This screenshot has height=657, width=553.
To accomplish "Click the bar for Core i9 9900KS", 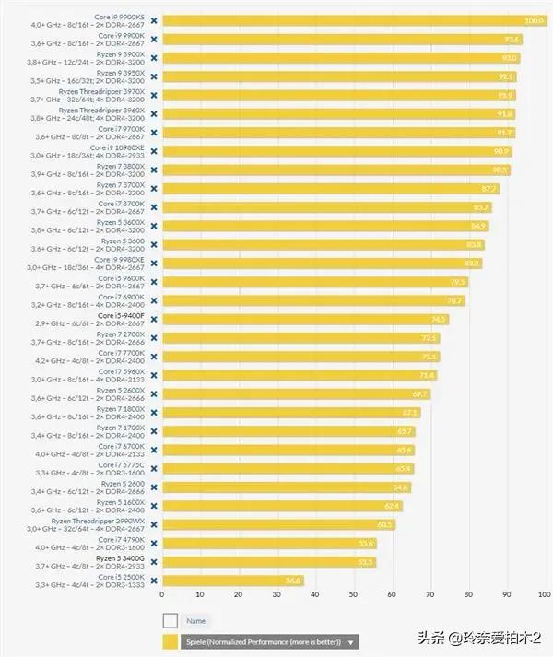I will [x=355, y=20].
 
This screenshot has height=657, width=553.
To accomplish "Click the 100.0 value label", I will [x=534, y=20].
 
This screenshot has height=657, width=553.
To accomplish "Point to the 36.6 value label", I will [x=293, y=581].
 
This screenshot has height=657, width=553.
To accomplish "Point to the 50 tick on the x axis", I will [x=354, y=595].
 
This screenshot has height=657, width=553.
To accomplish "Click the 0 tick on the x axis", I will [x=162, y=595].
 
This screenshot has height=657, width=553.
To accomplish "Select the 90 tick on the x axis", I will [x=507, y=595].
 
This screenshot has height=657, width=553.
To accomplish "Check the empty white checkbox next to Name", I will [x=170, y=621].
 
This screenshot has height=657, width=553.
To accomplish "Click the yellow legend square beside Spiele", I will [x=170, y=642].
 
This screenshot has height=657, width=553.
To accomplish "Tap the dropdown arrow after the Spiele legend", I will [x=352, y=642].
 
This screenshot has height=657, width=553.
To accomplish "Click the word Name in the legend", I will [x=195, y=621].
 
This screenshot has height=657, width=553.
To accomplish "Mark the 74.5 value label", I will [x=439, y=319].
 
